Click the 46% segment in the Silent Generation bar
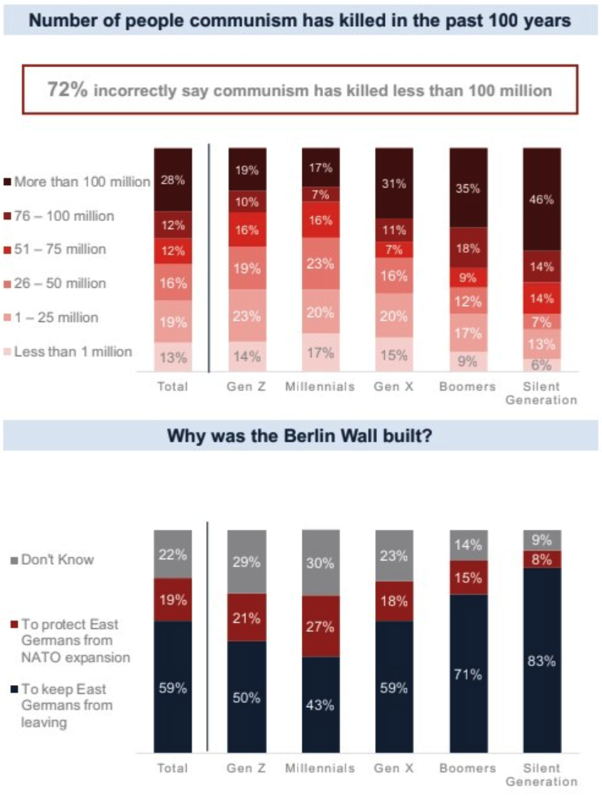pos(542,199)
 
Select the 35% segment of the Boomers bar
pos(468,188)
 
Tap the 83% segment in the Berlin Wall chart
pos(542,661)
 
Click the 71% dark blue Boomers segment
pos(468,674)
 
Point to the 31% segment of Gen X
pos(395,184)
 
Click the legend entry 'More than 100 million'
pos(78,181)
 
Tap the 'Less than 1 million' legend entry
pos(78,352)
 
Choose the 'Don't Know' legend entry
pos(54,559)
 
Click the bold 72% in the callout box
pos(67,90)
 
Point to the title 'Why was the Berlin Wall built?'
pos(299,436)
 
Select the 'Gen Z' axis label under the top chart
pos(247,386)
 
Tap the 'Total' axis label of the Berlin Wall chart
pos(172,767)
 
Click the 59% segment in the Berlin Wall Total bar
pos(172,688)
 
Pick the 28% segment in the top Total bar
pos(172,180)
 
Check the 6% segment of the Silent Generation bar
pos(542,365)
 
